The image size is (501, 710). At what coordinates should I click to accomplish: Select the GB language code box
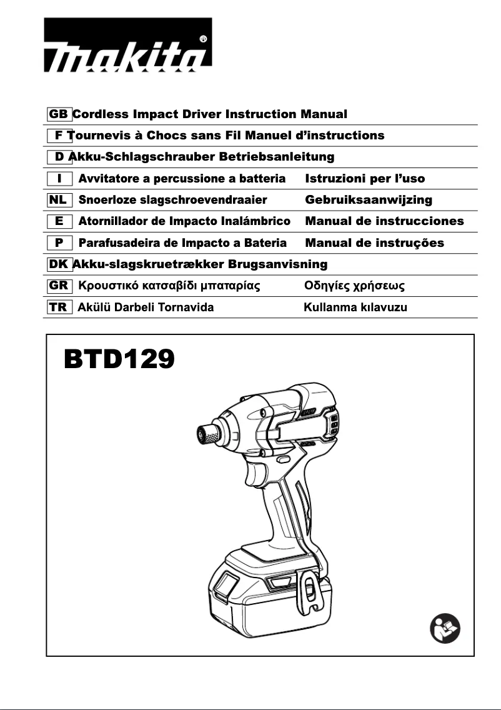pyautogui.click(x=59, y=114)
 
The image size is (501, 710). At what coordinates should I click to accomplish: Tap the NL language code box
pyautogui.click(x=59, y=200)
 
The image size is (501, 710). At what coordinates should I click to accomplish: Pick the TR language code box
pyautogui.click(x=59, y=307)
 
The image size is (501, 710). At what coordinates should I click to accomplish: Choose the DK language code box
pyautogui.click(x=59, y=264)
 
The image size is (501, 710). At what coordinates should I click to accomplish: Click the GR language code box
pyautogui.click(x=59, y=286)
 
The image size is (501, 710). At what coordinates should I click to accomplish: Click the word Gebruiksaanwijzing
pyautogui.click(x=368, y=200)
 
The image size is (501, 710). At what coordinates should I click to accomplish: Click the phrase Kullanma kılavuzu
pyautogui.click(x=355, y=307)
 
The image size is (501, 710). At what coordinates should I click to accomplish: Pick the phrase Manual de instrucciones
pyautogui.click(x=384, y=221)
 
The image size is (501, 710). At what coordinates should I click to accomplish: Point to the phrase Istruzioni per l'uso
pyautogui.click(x=365, y=179)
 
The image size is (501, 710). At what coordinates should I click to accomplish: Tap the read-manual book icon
pyautogui.click(x=445, y=627)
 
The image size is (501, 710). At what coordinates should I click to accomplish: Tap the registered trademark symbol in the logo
pyautogui.click(x=202, y=38)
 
